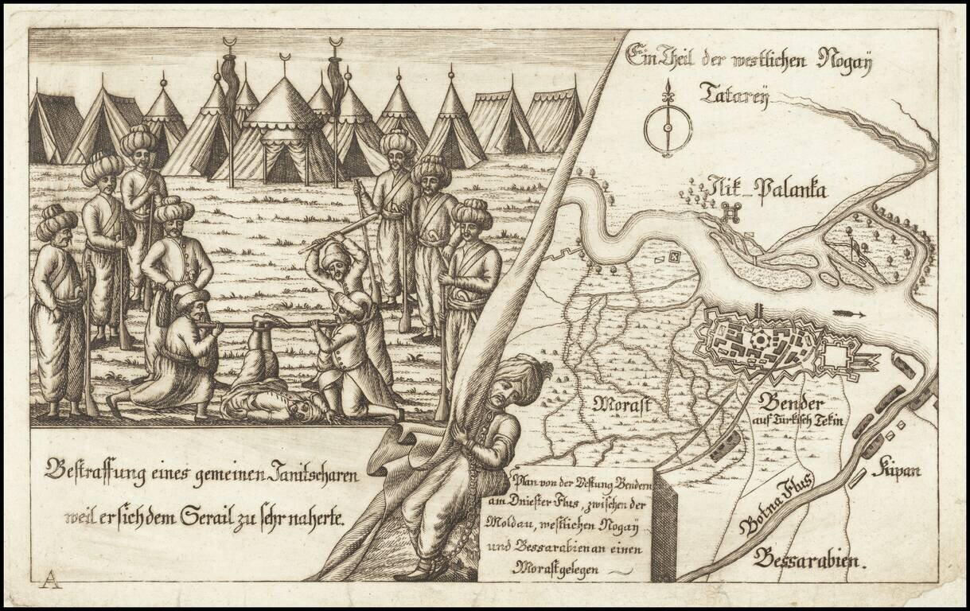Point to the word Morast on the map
pyautogui.click(x=621, y=405)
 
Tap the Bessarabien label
pyautogui.click(x=807, y=559)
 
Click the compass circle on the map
pyautogui.click(x=668, y=127)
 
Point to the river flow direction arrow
pyautogui.click(x=849, y=314)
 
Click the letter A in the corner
pyautogui.click(x=49, y=578)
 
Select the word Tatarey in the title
pyautogui.click(x=733, y=94)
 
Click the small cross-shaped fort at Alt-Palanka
pyautogui.click(x=731, y=212)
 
